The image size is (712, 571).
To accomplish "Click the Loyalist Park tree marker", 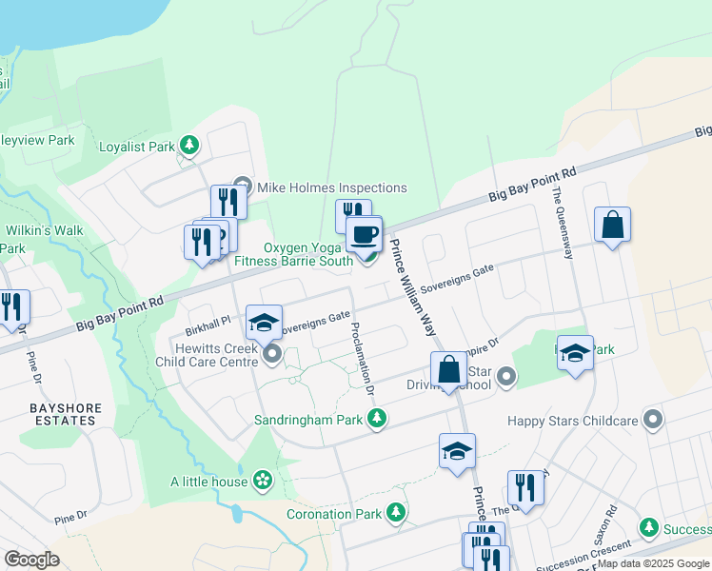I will coord(190,146).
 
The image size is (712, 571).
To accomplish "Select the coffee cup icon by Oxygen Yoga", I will coord(363,234).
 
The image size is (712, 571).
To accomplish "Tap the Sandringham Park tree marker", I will coord(378,419).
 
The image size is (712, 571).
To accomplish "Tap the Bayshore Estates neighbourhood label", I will coord(65,413).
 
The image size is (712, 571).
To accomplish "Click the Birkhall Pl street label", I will coord(208,321).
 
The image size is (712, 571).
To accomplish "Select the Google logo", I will coord(32,560).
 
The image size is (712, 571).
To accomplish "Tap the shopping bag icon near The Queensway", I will coord(613,226).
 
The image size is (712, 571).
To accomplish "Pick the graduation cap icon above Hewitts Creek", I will coord(264,322).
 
